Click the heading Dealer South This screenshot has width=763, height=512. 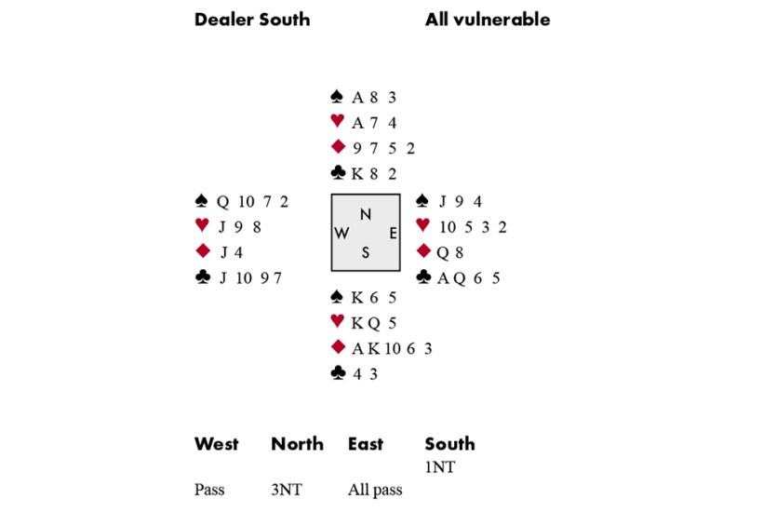[x=252, y=20]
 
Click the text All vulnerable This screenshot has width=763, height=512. [x=488, y=20]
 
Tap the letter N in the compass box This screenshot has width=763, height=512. [x=366, y=214]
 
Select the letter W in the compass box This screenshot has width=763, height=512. [x=342, y=234]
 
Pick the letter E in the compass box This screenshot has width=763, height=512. [x=393, y=234]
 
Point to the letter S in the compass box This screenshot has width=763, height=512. [x=366, y=252]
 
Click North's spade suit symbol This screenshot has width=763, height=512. [x=338, y=96]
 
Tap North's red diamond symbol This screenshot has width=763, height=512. [x=338, y=147]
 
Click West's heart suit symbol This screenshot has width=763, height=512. [x=202, y=226]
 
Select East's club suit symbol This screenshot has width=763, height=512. [x=422, y=277]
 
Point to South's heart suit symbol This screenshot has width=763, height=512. [x=338, y=323]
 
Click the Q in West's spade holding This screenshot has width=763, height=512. [x=222, y=201]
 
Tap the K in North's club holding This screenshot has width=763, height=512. [x=357, y=173]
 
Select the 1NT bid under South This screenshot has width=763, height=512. [x=440, y=467]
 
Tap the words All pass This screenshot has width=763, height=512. [x=375, y=490]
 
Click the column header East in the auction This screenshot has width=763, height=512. [x=366, y=444]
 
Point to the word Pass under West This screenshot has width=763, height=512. [x=210, y=490]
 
